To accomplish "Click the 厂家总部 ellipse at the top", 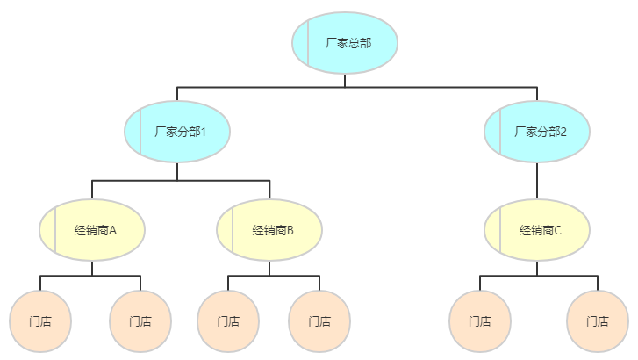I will pyautogui.click(x=345, y=42).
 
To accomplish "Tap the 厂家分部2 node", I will pyautogui.click(x=537, y=132).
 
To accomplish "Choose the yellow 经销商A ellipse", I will pyautogui.click(x=92, y=230).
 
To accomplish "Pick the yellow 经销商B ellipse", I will pyautogui.click(x=269, y=230).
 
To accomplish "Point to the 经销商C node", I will pyautogui.click(x=537, y=230).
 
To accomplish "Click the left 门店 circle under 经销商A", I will pyautogui.click(x=40, y=320).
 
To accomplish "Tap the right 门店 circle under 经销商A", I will pyautogui.click(x=140, y=320).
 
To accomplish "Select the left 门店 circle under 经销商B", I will pyautogui.click(x=228, y=320).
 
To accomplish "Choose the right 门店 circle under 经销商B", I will pyautogui.click(x=319, y=320).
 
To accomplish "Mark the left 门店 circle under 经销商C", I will pyautogui.click(x=480, y=320).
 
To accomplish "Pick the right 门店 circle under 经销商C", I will pyautogui.click(x=598, y=320).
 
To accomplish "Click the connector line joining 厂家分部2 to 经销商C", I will pyautogui.click(x=537, y=181).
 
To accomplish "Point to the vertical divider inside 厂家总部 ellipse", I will pyautogui.click(x=308, y=42).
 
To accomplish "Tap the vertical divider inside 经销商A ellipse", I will pyautogui.click(x=55, y=230).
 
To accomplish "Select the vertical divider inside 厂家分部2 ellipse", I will pyautogui.click(x=500, y=132).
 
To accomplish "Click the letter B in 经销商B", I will pyautogui.click(x=290, y=231).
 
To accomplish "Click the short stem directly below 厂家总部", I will pyautogui.click(x=345, y=81).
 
